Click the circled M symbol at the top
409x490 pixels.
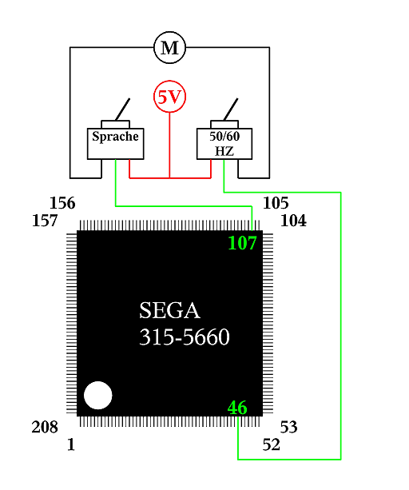click(x=170, y=47)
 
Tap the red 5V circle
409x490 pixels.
click(x=170, y=97)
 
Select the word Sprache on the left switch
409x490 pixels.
click(x=115, y=137)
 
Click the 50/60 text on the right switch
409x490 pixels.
click(x=224, y=136)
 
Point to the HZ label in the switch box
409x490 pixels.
click(x=224, y=151)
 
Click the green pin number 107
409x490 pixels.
click(x=242, y=243)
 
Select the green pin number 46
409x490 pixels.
click(x=237, y=408)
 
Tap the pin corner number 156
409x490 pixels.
click(x=62, y=203)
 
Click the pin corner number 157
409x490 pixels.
click(x=45, y=221)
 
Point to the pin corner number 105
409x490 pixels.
click(x=276, y=203)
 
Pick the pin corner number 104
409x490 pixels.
click(x=293, y=221)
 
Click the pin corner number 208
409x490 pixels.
click(x=45, y=427)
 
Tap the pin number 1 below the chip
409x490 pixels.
click(x=71, y=444)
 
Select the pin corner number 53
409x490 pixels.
click(x=289, y=427)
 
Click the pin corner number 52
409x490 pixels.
click(x=271, y=444)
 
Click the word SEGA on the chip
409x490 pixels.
click(x=169, y=311)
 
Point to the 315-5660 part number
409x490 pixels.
click(x=185, y=337)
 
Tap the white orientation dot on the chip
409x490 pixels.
click(x=98, y=396)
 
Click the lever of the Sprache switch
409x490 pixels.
click(x=123, y=110)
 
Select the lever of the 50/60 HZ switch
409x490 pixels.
click(x=231, y=110)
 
